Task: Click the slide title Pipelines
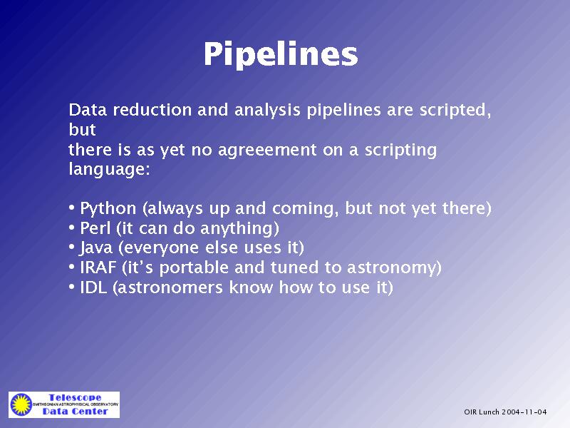281,54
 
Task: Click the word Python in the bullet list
108,208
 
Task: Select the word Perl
95,228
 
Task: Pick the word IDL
93,287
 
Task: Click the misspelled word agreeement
267,151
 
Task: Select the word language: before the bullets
110,169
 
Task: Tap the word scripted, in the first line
455,111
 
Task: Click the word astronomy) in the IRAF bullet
394,268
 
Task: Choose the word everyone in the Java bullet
159,248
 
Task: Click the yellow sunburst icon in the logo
21,404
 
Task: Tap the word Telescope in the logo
75,397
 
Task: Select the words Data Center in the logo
75,412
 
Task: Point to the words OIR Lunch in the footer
482,412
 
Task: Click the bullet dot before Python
72,208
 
